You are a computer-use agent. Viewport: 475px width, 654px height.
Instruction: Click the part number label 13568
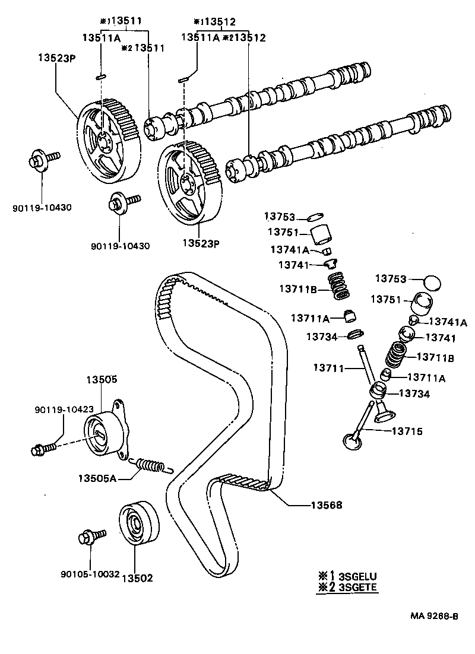pos(327,505)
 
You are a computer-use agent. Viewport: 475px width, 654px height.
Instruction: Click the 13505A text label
pos(97,478)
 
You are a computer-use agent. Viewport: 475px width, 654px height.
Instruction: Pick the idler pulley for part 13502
pos(139,522)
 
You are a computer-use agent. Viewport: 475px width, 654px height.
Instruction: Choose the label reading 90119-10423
pos(64,409)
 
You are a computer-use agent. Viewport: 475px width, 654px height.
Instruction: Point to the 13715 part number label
pos(407,431)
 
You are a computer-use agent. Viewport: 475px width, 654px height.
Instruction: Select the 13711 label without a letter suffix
pos(330,368)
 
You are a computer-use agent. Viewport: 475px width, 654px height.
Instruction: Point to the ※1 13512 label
pos(215,22)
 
